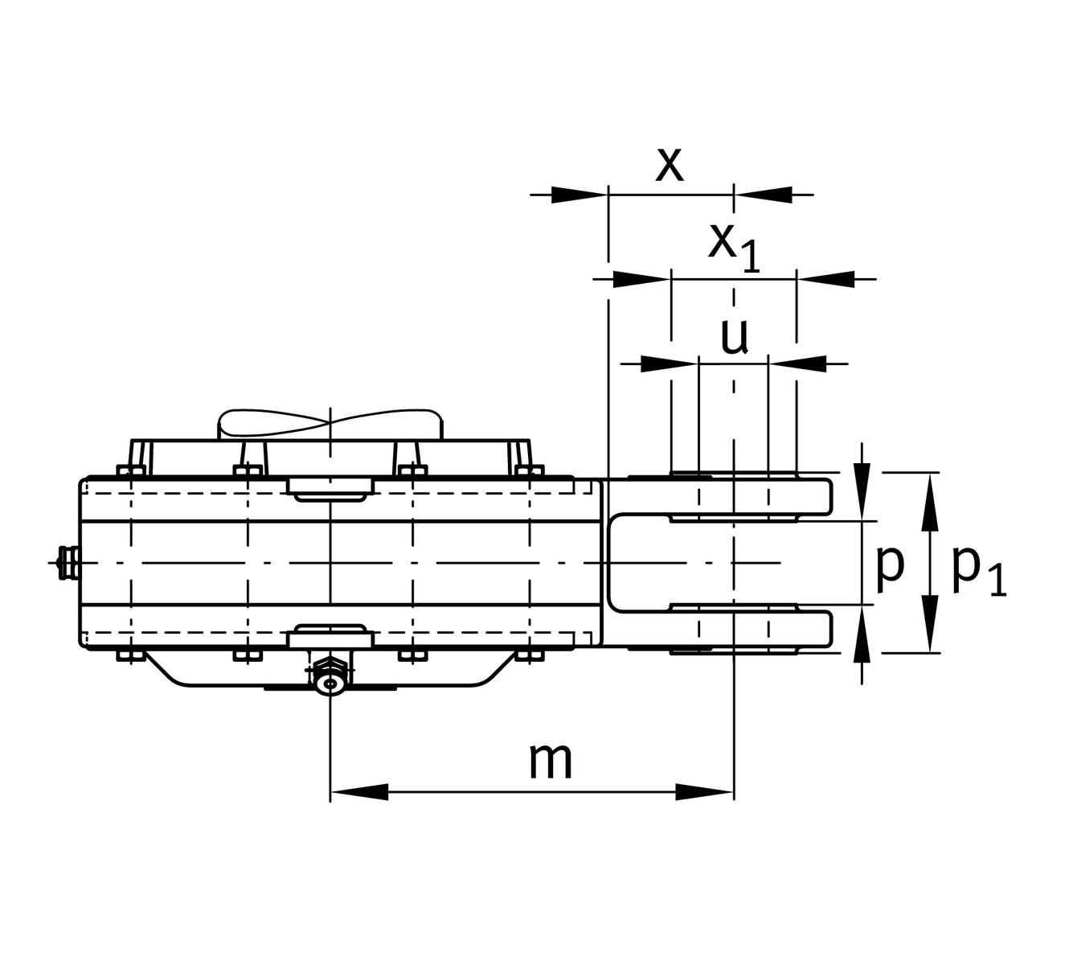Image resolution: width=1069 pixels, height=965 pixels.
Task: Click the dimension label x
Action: click(670, 164)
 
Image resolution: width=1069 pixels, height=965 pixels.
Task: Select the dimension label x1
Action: click(733, 248)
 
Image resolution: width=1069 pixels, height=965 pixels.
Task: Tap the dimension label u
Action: click(735, 337)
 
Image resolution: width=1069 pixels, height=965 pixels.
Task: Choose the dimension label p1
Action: click(979, 572)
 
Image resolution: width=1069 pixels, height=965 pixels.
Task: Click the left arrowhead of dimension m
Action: click(359, 792)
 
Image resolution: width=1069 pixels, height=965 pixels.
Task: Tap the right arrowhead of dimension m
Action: click(705, 792)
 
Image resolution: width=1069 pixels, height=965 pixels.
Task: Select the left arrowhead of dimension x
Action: click(580, 195)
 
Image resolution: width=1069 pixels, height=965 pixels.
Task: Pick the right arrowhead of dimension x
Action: click(763, 195)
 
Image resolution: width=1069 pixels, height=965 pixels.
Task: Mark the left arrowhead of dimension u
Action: click(670, 364)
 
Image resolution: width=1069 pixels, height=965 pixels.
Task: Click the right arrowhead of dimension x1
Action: click(825, 279)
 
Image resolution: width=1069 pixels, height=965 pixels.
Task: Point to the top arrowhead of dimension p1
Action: click(930, 501)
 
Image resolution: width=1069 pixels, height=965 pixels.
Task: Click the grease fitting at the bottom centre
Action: click(330, 676)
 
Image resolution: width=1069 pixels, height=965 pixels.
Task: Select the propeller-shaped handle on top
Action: click(330, 425)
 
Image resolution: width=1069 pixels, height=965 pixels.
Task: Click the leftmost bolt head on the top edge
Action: click(131, 470)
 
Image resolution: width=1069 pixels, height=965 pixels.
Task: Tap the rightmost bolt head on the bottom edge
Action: click(530, 655)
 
